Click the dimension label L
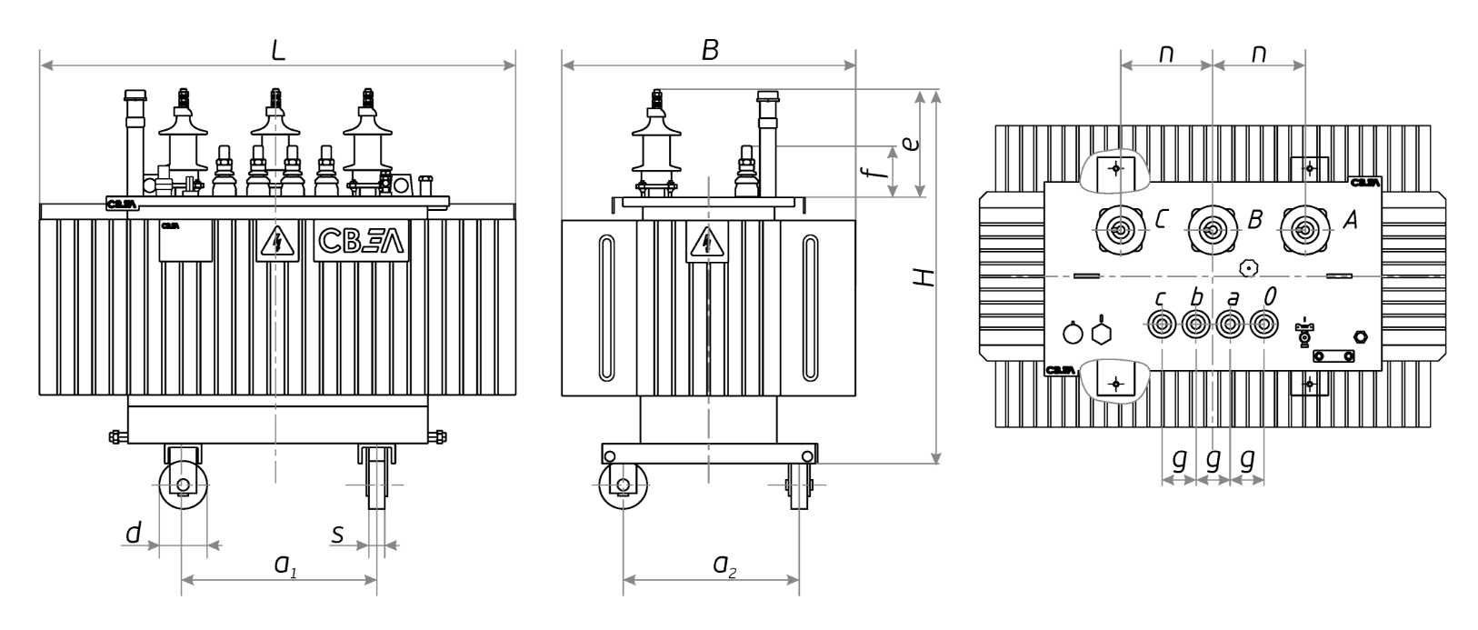pyautogui.click(x=278, y=50)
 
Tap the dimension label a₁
pyautogui.click(x=285, y=565)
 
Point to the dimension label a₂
pyautogui.click(x=724, y=565)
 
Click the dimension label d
pyautogui.click(x=134, y=533)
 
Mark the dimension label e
pyautogui.click(x=911, y=144)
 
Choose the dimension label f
pyautogui.click(x=873, y=172)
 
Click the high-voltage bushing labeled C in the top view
pyautogui.click(x=1120, y=230)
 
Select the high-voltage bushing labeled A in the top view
pyautogui.click(x=1304, y=230)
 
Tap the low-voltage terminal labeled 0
pyautogui.click(x=1263, y=324)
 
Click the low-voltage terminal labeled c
pyautogui.click(x=1162, y=324)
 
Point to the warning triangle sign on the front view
pyautogui.click(x=277, y=241)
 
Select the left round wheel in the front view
pyautogui.click(x=183, y=485)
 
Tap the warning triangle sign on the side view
pyautogui.click(x=707, y=242)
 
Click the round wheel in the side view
pyautogui.click(x=623, y=485)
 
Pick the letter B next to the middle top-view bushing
pyautogui.click(x=1255, y=220)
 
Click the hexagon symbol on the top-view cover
pyautogui.click(x=1102, y=333)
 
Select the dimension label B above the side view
pyautogui.click(x=710, y=50)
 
